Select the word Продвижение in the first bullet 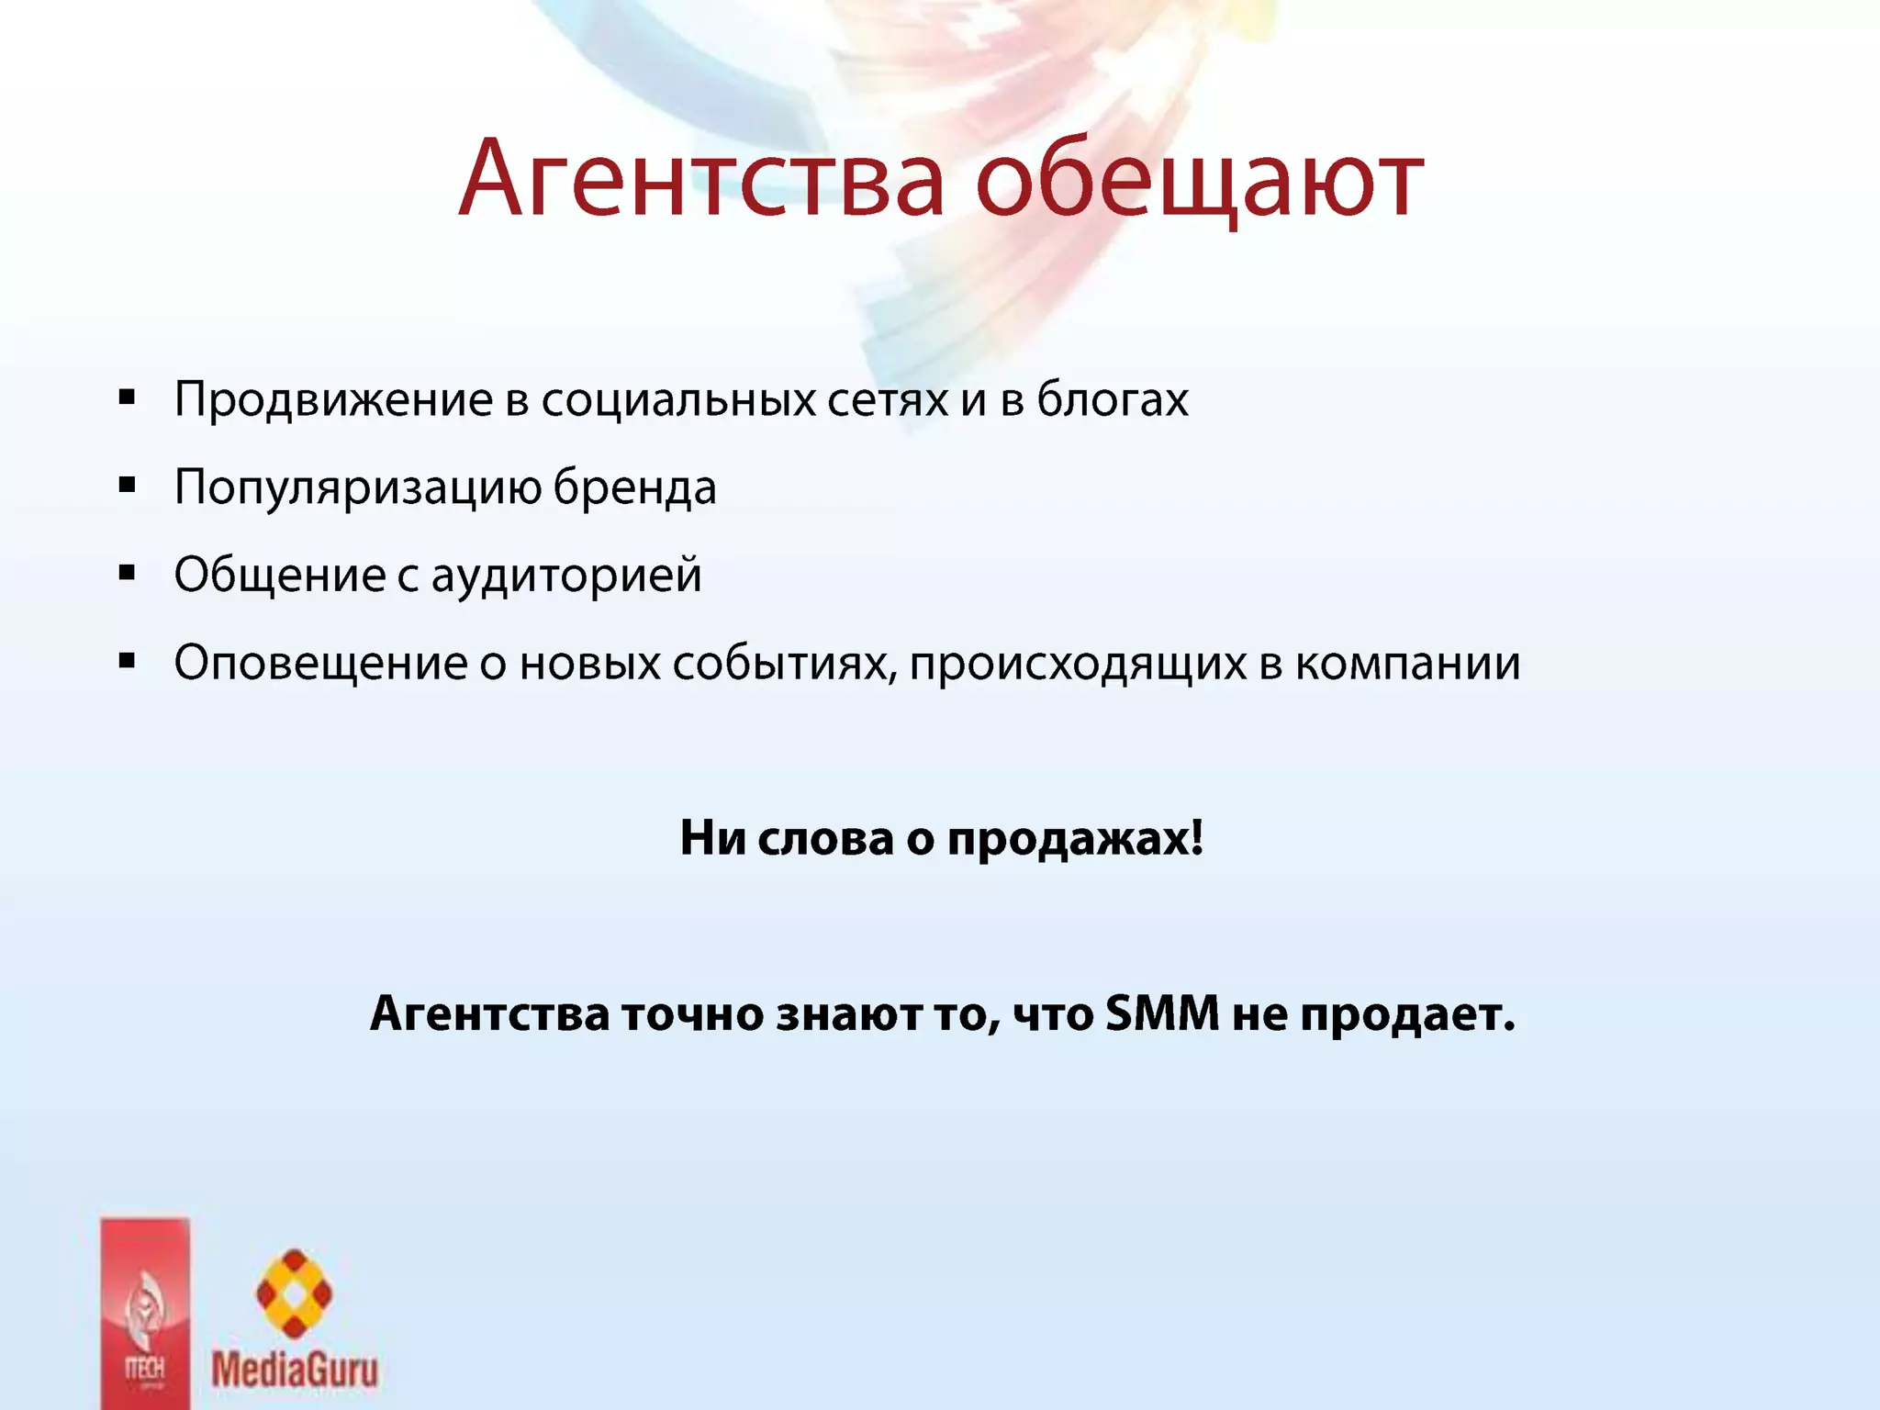[334, 400]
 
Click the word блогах [1113, 400]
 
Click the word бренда [634, 488]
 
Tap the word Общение [280, 576]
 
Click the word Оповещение [321, 665]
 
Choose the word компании [1408, 665]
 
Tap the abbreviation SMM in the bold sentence [1162, 1014]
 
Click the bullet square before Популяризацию [128, 486]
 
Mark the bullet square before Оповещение [128, 661]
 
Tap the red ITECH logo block [145, 1313]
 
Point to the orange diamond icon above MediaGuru [294, 1292]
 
